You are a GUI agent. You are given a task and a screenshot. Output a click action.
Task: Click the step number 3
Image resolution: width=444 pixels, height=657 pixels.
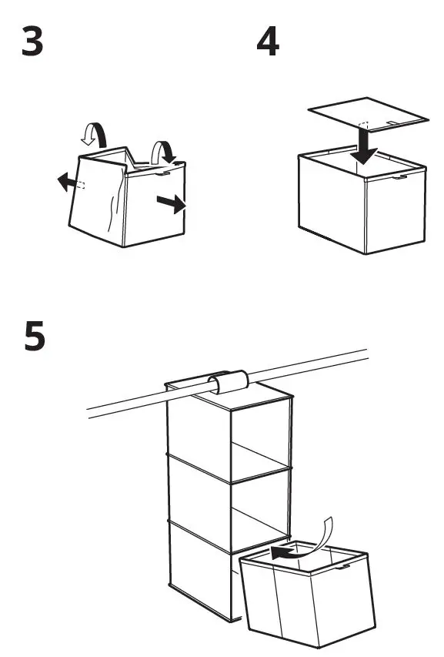pos(32,44)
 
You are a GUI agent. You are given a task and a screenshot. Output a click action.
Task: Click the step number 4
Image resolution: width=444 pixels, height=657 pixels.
pos(268,44)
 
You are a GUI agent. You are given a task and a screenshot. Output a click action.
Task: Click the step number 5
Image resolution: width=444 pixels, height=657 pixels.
pos(34,337)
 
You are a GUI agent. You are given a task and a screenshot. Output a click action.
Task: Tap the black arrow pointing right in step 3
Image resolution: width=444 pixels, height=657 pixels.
pos(171,203)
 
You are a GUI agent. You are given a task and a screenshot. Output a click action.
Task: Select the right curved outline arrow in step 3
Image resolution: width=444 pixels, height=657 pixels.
pos(162,150)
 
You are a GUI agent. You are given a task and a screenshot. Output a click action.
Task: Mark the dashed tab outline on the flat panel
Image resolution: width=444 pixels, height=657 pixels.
pos(365,126)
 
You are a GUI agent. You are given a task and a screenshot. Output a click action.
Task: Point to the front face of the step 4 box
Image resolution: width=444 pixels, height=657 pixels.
pos(332,206)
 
